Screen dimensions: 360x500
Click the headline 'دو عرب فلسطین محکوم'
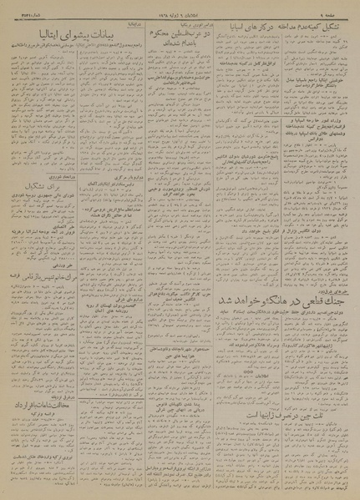click(168, 31)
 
